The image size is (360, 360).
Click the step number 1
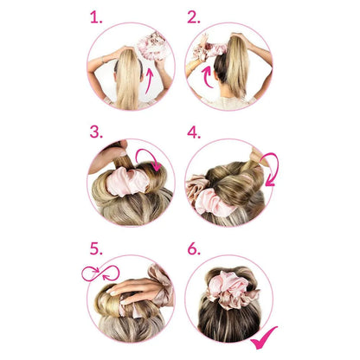click(x=96, y=17)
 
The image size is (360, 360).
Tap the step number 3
click(x=96, y=132)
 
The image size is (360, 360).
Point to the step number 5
click(x=96, y=248)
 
